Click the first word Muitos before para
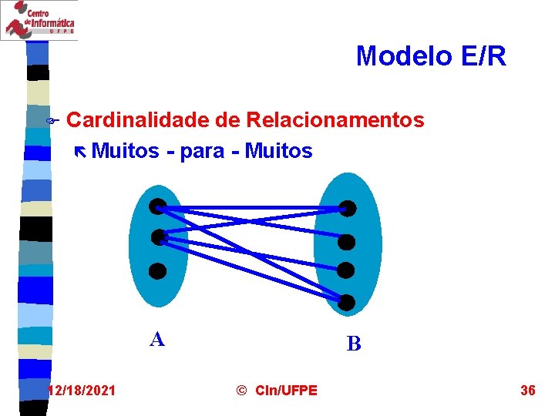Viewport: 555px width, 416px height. [x=125, y=151]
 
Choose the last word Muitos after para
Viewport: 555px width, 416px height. [x=278, y=151]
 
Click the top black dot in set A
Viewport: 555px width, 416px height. [x=157, y=206]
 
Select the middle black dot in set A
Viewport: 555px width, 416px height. [x=157, y=237]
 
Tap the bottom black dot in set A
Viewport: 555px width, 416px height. [x=157, y=270]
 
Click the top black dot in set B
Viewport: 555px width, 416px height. [x=348, y=208]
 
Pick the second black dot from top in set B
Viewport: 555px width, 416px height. [x=348, y=242]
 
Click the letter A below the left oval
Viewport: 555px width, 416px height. [x=157, y=339]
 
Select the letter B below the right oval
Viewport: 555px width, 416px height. [x=354, y=344]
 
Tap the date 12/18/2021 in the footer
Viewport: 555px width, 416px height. [x=82, y=391]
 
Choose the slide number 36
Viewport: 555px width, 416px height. [x=528, y=391]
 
